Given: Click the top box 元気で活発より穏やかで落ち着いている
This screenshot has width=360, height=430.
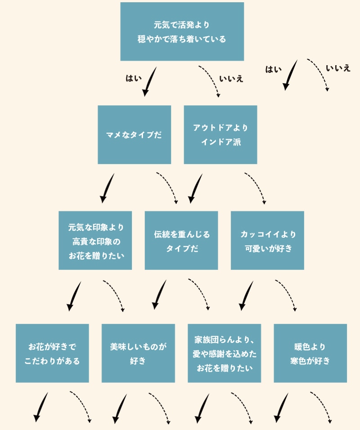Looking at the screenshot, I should (x=182, y=31).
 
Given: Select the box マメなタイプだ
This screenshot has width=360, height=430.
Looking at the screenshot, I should (x=134, y=134).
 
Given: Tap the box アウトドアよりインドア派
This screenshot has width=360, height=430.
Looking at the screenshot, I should (x=220, y=134).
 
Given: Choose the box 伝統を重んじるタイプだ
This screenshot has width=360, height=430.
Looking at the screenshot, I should (x=181, y=241).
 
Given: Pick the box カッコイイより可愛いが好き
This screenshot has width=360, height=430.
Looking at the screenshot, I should (x=267, y=241).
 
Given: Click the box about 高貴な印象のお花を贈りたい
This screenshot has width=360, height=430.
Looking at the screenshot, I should (x=95, y=241).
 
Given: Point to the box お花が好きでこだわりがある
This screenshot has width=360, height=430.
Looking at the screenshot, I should (x=52, y=353).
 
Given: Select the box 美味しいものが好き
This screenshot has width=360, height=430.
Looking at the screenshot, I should (x=138, y=353).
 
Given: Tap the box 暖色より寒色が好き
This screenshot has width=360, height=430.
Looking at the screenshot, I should (x=310, y=353).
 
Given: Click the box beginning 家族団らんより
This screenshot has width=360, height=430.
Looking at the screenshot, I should (x=224, y=353).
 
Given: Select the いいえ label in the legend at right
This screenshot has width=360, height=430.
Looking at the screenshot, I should (x=338, y=69).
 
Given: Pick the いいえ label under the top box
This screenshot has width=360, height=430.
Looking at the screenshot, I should (x=231, y=78).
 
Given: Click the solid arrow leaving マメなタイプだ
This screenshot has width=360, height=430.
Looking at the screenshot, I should (x=107, y=188).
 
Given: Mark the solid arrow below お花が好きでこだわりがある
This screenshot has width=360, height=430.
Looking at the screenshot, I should (x=40, y=407).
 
